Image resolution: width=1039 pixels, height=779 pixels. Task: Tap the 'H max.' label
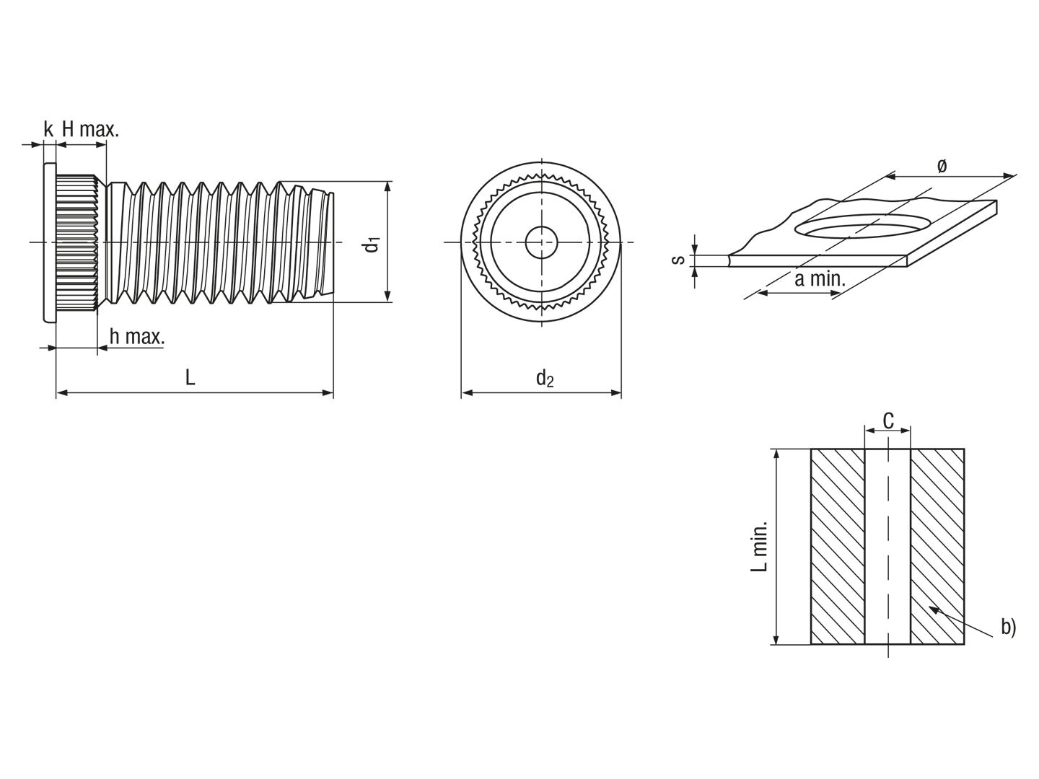[x=90, y=129]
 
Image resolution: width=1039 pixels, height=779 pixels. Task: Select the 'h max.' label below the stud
[x=137, y=337]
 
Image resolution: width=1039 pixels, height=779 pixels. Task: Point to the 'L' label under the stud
[x=190, y=377]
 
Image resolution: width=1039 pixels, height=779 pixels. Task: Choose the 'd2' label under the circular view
[x=545, y=379]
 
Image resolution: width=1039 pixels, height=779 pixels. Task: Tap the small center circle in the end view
[x=542, y=242]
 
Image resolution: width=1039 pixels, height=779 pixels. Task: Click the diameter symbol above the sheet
[x=942, y=166]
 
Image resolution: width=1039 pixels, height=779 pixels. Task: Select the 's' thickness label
[x=678, y=259]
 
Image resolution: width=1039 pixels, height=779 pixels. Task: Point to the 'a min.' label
[x=820, y=279]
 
